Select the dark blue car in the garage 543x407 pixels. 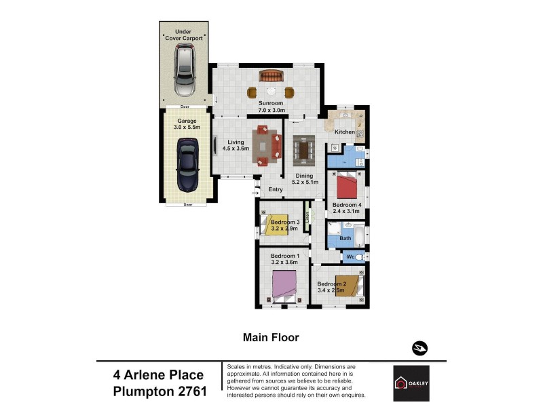187,165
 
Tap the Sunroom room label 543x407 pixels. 271,106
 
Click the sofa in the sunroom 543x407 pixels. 271,75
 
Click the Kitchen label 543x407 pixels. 345,131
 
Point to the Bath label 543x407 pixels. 345,238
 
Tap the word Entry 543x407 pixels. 275,189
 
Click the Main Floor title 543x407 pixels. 271,336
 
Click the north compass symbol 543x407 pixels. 419,348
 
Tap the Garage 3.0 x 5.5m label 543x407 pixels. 187,124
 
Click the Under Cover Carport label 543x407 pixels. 183,35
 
